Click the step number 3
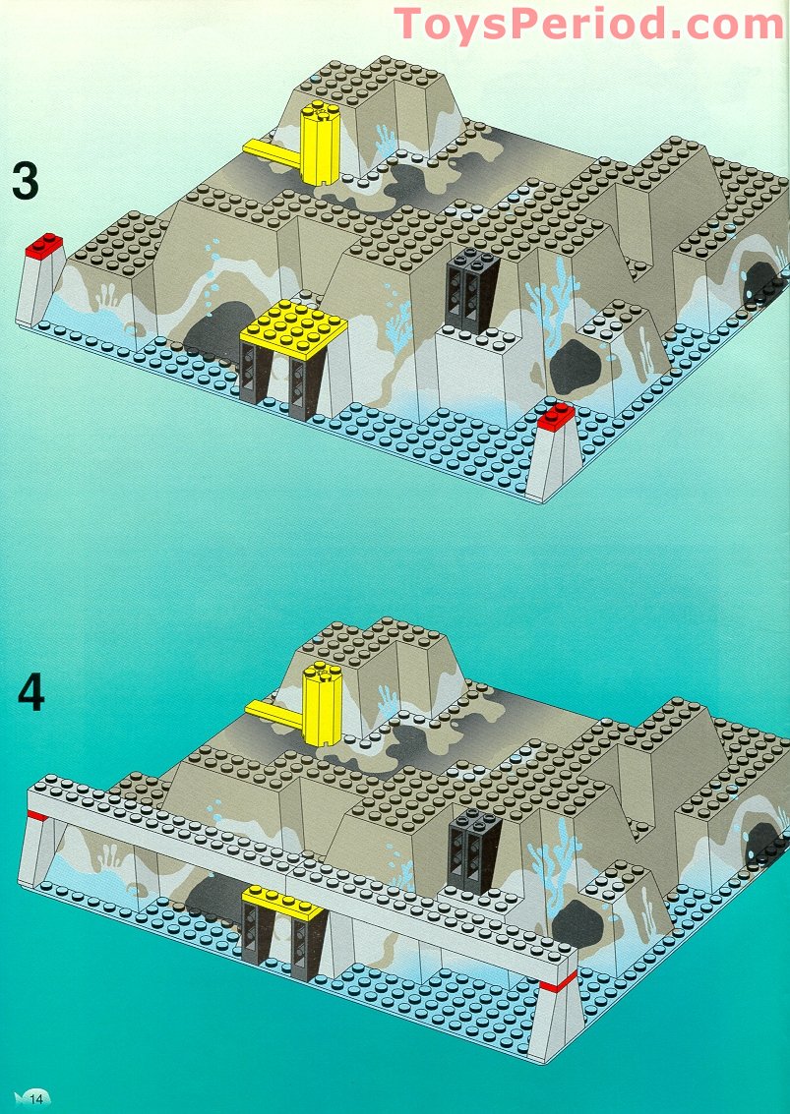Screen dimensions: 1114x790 click(26, 182)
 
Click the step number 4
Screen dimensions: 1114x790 click(30, 693)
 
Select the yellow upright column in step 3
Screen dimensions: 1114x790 click(320, 144)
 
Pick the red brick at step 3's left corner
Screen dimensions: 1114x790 click(43, 246)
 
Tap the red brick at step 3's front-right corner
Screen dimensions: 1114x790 click(556, 417)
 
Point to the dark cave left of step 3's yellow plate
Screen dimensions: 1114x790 click(215, 340)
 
